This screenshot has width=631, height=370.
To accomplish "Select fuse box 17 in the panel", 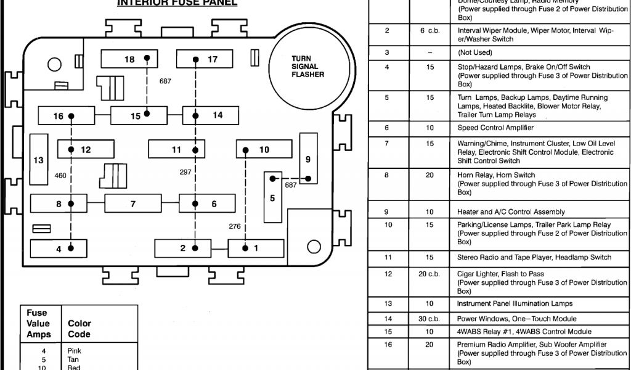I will coord(204,59).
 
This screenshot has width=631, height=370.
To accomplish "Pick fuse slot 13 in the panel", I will coord(39,160).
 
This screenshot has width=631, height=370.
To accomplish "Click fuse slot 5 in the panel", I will coord(272,197).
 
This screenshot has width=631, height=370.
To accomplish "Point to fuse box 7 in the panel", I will coord(132,203).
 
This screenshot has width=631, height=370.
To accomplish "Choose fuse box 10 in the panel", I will coord(264,149).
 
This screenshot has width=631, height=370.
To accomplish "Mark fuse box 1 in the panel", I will coord(256,248).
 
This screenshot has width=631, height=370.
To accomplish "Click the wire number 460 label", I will coord(60,176).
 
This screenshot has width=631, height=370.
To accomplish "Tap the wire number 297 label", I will coord(185,173).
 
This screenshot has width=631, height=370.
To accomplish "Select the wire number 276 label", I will coord(235,226).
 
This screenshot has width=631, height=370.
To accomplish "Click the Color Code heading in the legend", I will coord(79,329).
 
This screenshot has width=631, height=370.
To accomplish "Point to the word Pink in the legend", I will coord(74,351).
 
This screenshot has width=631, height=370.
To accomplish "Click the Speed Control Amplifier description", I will coord(495,128).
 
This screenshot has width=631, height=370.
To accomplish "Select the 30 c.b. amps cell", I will coord(429,319).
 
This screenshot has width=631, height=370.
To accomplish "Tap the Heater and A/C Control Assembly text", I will coord(511,212).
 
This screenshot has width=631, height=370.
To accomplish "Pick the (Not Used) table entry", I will coord(475,53).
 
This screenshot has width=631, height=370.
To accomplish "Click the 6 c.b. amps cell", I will coord(429,31).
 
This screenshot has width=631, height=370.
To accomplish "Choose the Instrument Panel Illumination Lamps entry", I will coord(515,303).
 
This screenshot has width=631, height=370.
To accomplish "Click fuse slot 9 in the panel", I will coord(308,159).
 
